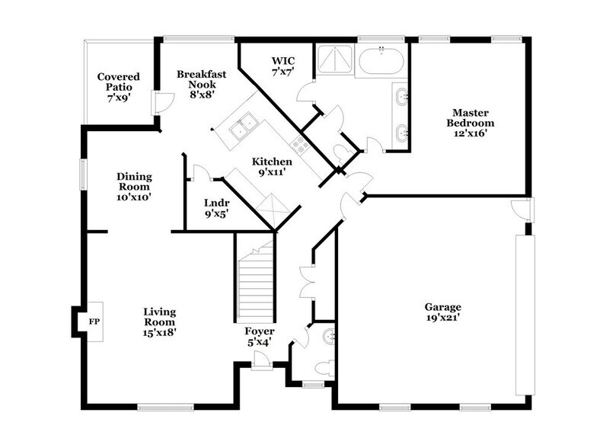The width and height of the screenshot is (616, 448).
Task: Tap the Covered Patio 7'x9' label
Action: click(116, 87)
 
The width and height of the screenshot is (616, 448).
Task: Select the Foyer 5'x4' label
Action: click(260, 337)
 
